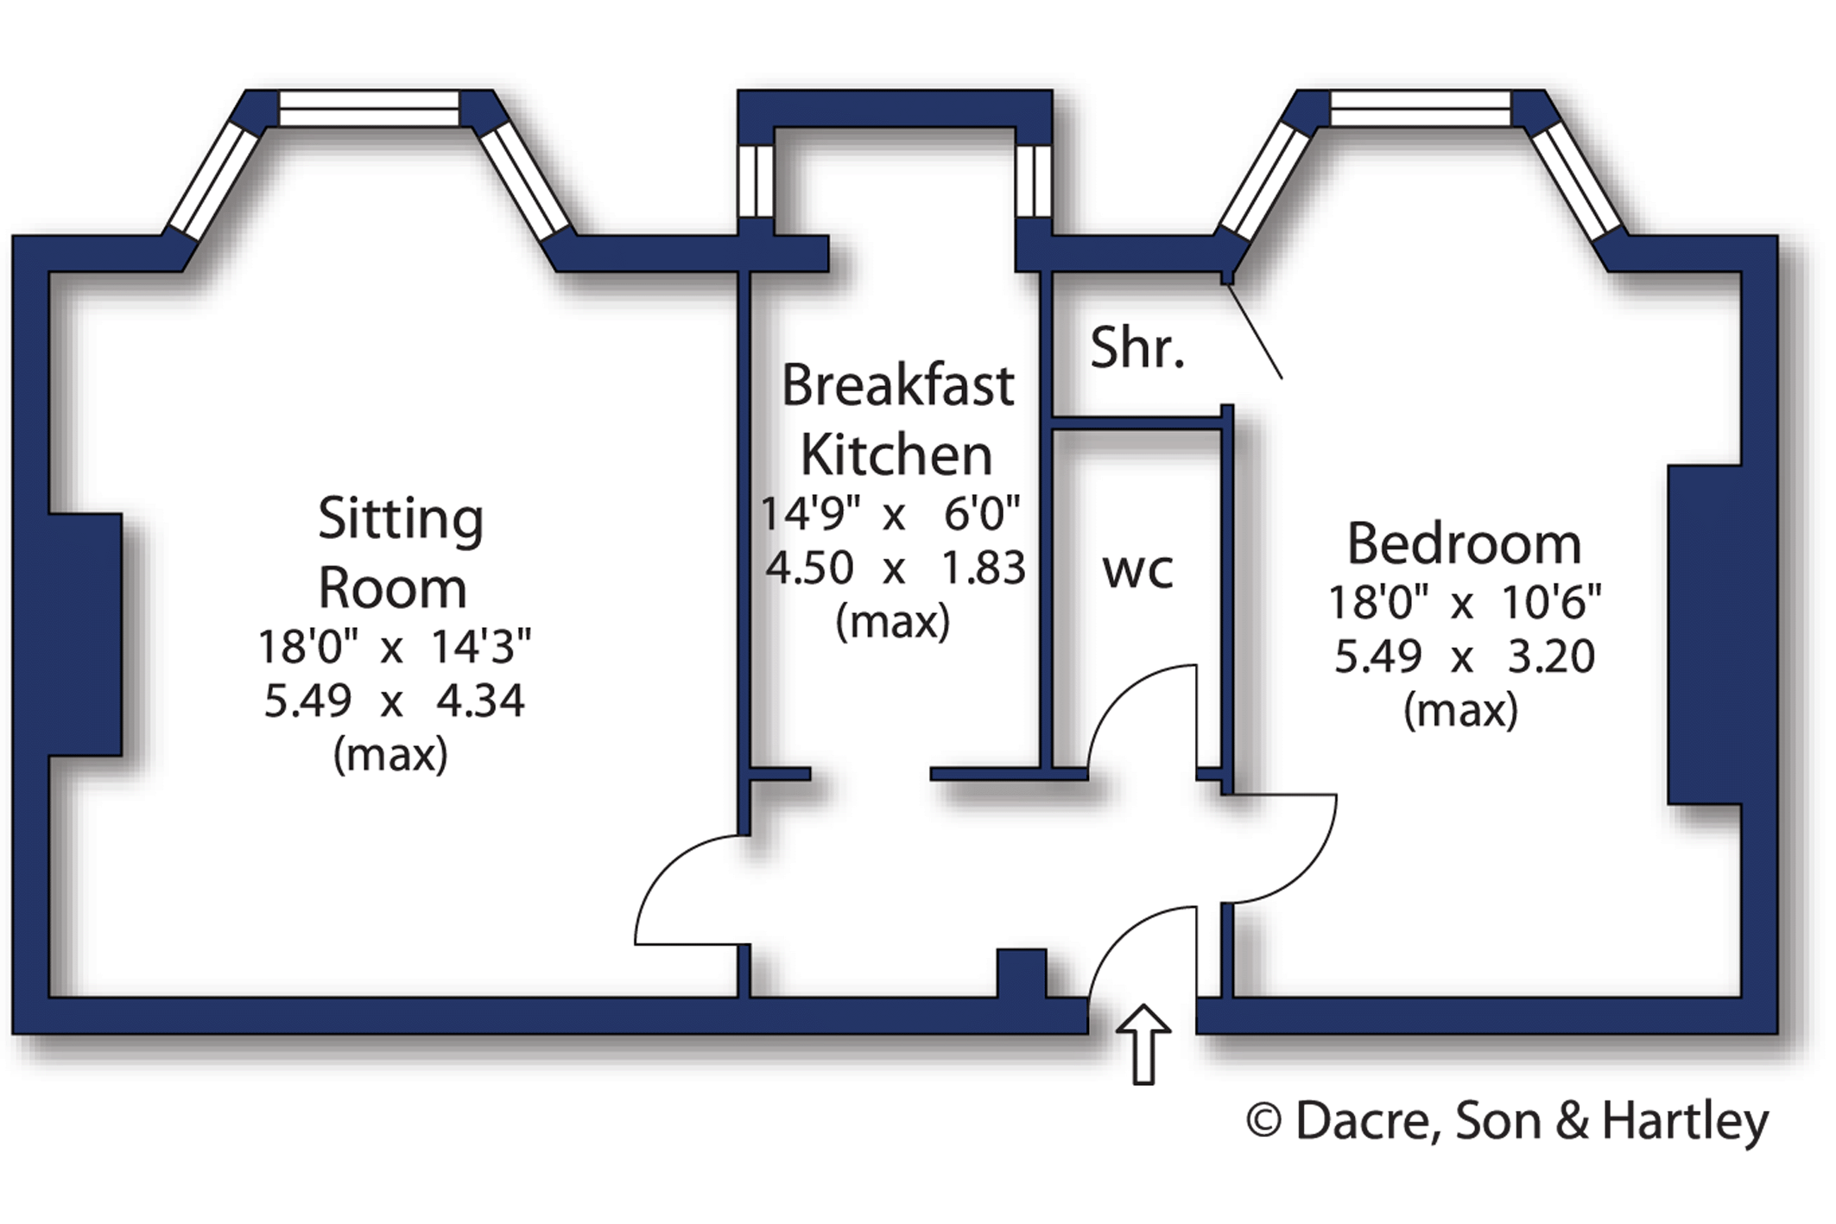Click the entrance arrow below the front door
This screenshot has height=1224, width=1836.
(1143, 1044)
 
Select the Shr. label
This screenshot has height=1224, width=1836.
(1136, 348)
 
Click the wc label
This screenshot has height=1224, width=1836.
(1137, 570)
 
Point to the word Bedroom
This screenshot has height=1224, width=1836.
(1464, 544)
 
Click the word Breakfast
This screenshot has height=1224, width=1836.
(897, 385)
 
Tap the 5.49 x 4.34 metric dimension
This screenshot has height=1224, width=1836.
(394, 701)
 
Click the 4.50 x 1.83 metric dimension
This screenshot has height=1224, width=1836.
(896, 568)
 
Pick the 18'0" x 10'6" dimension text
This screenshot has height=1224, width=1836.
(1465, 602)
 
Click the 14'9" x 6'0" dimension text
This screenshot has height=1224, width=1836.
(890, 513)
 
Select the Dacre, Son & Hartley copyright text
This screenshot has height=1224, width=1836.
(1508, 1122)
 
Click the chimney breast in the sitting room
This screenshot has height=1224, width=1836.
(85, 635)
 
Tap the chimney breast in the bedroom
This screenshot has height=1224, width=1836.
(1705, 635)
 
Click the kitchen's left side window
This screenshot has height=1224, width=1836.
(756, 181)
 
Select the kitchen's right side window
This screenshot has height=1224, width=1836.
(1034, 181)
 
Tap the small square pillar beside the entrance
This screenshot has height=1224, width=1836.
(1022, 973)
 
